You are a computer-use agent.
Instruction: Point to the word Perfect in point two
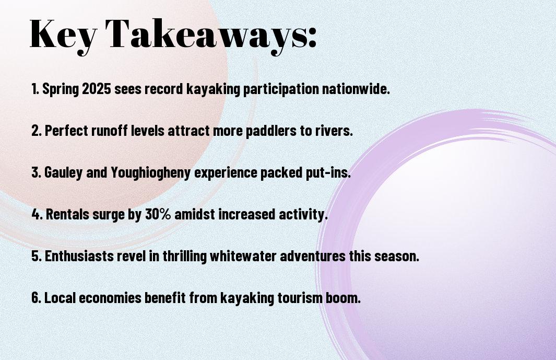[66, 130]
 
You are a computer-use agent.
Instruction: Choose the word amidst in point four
[195, 214]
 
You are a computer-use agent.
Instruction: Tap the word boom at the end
[343, 297]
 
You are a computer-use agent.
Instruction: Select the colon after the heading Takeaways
[312, 37]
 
